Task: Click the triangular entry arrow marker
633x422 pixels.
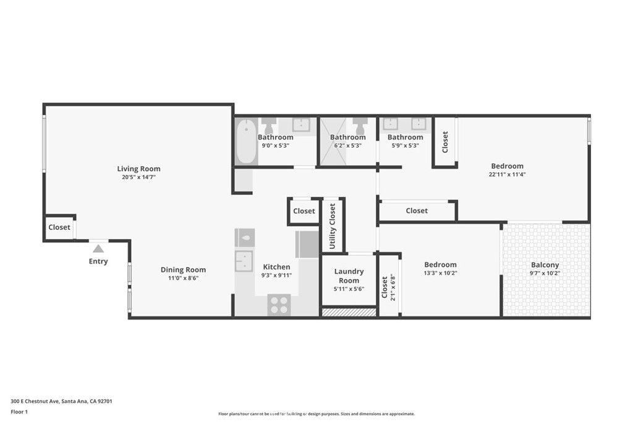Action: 98,249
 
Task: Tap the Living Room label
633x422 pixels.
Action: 139,169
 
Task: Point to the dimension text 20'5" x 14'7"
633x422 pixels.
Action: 139,177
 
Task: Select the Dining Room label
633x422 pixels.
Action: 183,269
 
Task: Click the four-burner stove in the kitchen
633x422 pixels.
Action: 279,305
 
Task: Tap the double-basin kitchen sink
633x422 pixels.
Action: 244,261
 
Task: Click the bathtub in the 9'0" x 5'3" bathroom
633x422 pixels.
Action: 246,141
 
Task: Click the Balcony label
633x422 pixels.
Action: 545,265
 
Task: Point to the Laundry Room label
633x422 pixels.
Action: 349,276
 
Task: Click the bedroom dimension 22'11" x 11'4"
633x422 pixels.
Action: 508,174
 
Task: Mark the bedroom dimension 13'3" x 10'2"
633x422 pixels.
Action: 440,273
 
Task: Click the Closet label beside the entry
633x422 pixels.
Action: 59,227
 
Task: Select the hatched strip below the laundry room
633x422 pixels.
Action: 349,313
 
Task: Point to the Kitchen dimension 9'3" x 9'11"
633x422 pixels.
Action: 276,276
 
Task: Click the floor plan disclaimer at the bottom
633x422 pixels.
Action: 316,414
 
